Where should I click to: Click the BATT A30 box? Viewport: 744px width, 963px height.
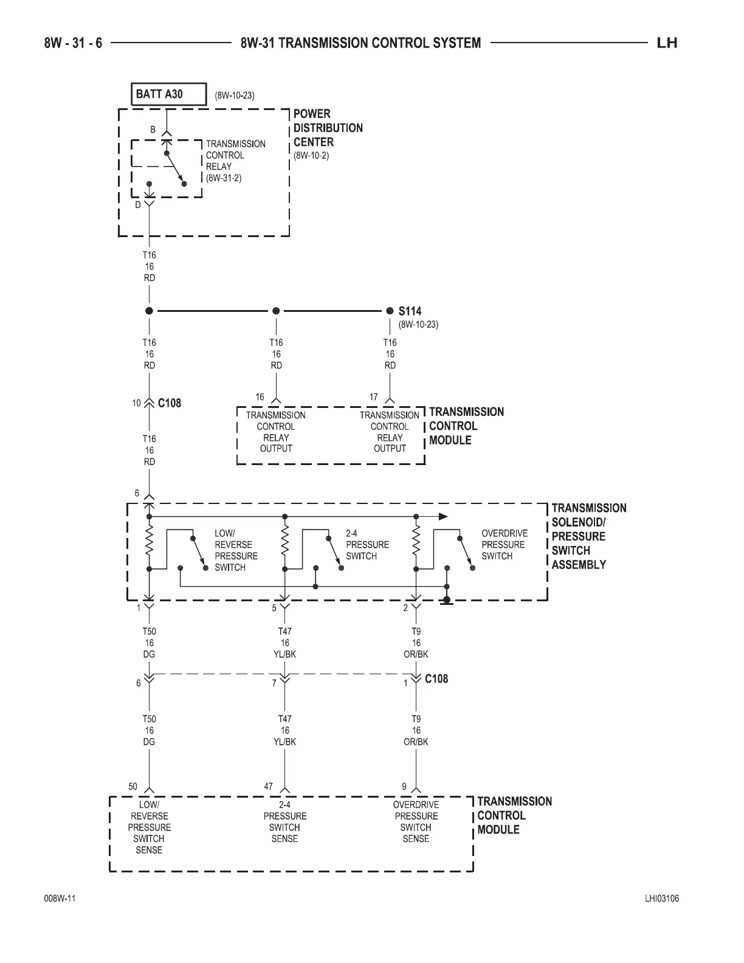click(x=168, y=94)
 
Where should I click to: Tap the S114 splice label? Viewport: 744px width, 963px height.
click(x=410, y=311)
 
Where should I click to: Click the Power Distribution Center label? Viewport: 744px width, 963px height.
click(x=328, y=128)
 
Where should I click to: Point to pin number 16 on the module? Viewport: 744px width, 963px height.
click(x=260, y=397)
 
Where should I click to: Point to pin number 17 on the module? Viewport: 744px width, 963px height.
click(x=373, y=397)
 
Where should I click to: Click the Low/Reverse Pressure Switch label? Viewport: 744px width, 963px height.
click(x=236, y=550)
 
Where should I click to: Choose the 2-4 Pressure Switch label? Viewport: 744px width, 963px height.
click(x=367, y=545)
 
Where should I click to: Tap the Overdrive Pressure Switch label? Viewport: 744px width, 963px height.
click(x=505, y=545)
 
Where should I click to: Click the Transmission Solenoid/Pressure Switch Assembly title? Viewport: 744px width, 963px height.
click(x=588, y=536)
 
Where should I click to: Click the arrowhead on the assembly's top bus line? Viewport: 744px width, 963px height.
click(x=443, y=516)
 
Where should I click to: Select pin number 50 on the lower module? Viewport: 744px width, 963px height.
click(x=133, y=787)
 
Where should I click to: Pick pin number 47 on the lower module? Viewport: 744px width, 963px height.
click(x=268, y=787)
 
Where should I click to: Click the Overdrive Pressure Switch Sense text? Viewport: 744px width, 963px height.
click(x=416, y=821)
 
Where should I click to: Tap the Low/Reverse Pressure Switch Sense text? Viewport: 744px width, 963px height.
click(x=149, y=827)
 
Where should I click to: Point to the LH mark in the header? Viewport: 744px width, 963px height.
click(x=667, y=43)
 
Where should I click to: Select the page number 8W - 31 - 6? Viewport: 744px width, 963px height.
click(x=73, y=43)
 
